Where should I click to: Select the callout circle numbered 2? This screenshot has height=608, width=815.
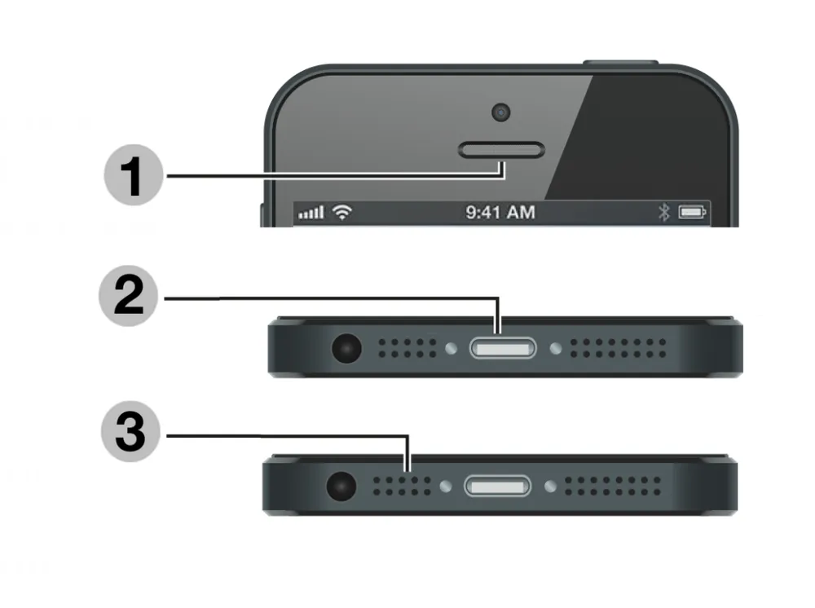tap(131, 298)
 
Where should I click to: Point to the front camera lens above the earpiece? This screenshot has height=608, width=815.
tap(502, 112)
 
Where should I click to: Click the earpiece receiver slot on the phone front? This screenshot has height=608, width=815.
tap(502, 149)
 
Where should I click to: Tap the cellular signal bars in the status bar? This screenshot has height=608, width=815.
tap(311, 213)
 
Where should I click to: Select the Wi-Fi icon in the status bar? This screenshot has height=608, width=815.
tap(343, 213)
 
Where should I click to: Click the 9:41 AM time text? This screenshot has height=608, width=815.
tap(500, 213)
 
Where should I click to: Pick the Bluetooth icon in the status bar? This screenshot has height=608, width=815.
tap(663, 213)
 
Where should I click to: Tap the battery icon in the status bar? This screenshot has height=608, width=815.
tap(694, 213)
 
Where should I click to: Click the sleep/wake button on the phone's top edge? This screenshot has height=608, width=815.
tap(619, 63)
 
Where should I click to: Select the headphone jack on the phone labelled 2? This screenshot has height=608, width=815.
tap(346, 350)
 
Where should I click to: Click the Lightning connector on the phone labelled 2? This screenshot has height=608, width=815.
tap(503, 350)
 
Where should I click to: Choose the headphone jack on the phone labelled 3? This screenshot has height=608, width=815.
tap(341, 487)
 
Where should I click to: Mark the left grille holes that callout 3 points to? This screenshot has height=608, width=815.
tap(403, 487)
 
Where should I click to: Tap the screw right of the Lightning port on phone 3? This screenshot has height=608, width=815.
tap(551, 487)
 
